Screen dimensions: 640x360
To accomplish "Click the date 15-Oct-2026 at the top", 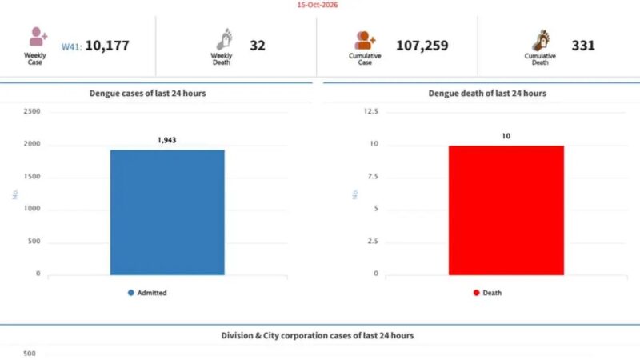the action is coord(317,5).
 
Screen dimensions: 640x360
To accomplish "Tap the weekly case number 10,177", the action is coord(107,46).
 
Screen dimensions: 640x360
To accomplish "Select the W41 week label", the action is coord(71,46).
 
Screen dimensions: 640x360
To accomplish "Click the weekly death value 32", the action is coord(257,46).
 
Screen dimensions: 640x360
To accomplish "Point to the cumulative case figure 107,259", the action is coord(422,46).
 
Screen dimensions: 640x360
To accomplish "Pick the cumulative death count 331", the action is coord(583,46).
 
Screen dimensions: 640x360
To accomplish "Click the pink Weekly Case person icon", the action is coord(38,37).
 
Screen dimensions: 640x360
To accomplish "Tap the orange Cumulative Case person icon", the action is coord(364,40).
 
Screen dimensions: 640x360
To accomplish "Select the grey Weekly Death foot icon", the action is coord(224,39).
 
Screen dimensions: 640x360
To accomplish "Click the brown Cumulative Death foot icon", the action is coord(541,40).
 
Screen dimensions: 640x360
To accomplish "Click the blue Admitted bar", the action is coord(167,212).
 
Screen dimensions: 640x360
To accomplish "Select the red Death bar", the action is coord(506,210).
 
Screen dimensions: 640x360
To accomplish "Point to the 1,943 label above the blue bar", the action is coord(166,140).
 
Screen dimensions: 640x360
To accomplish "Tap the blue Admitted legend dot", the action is coord(130,293).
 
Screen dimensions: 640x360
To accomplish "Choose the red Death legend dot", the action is coord(476,293).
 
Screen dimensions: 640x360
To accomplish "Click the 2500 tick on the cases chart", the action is coord(32,111).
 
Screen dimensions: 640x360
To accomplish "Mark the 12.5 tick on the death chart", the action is coord(370,111).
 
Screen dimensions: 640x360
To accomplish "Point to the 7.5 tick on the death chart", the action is coord(372,176).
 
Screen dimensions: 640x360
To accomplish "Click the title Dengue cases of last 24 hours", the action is coord(147,93).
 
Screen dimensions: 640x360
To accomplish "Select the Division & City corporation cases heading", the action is coord(317,335).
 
